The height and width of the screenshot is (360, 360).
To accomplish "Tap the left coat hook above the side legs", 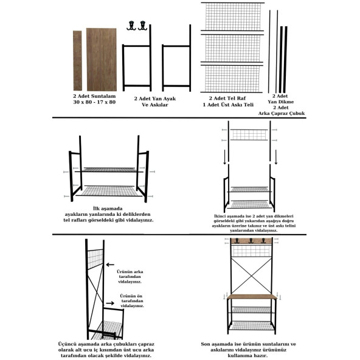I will click(x=130, y=26).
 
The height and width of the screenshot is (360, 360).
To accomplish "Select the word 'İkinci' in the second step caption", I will click(x=223, y=216).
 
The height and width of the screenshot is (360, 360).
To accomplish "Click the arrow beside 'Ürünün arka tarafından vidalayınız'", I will click(x=110, y=265).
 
